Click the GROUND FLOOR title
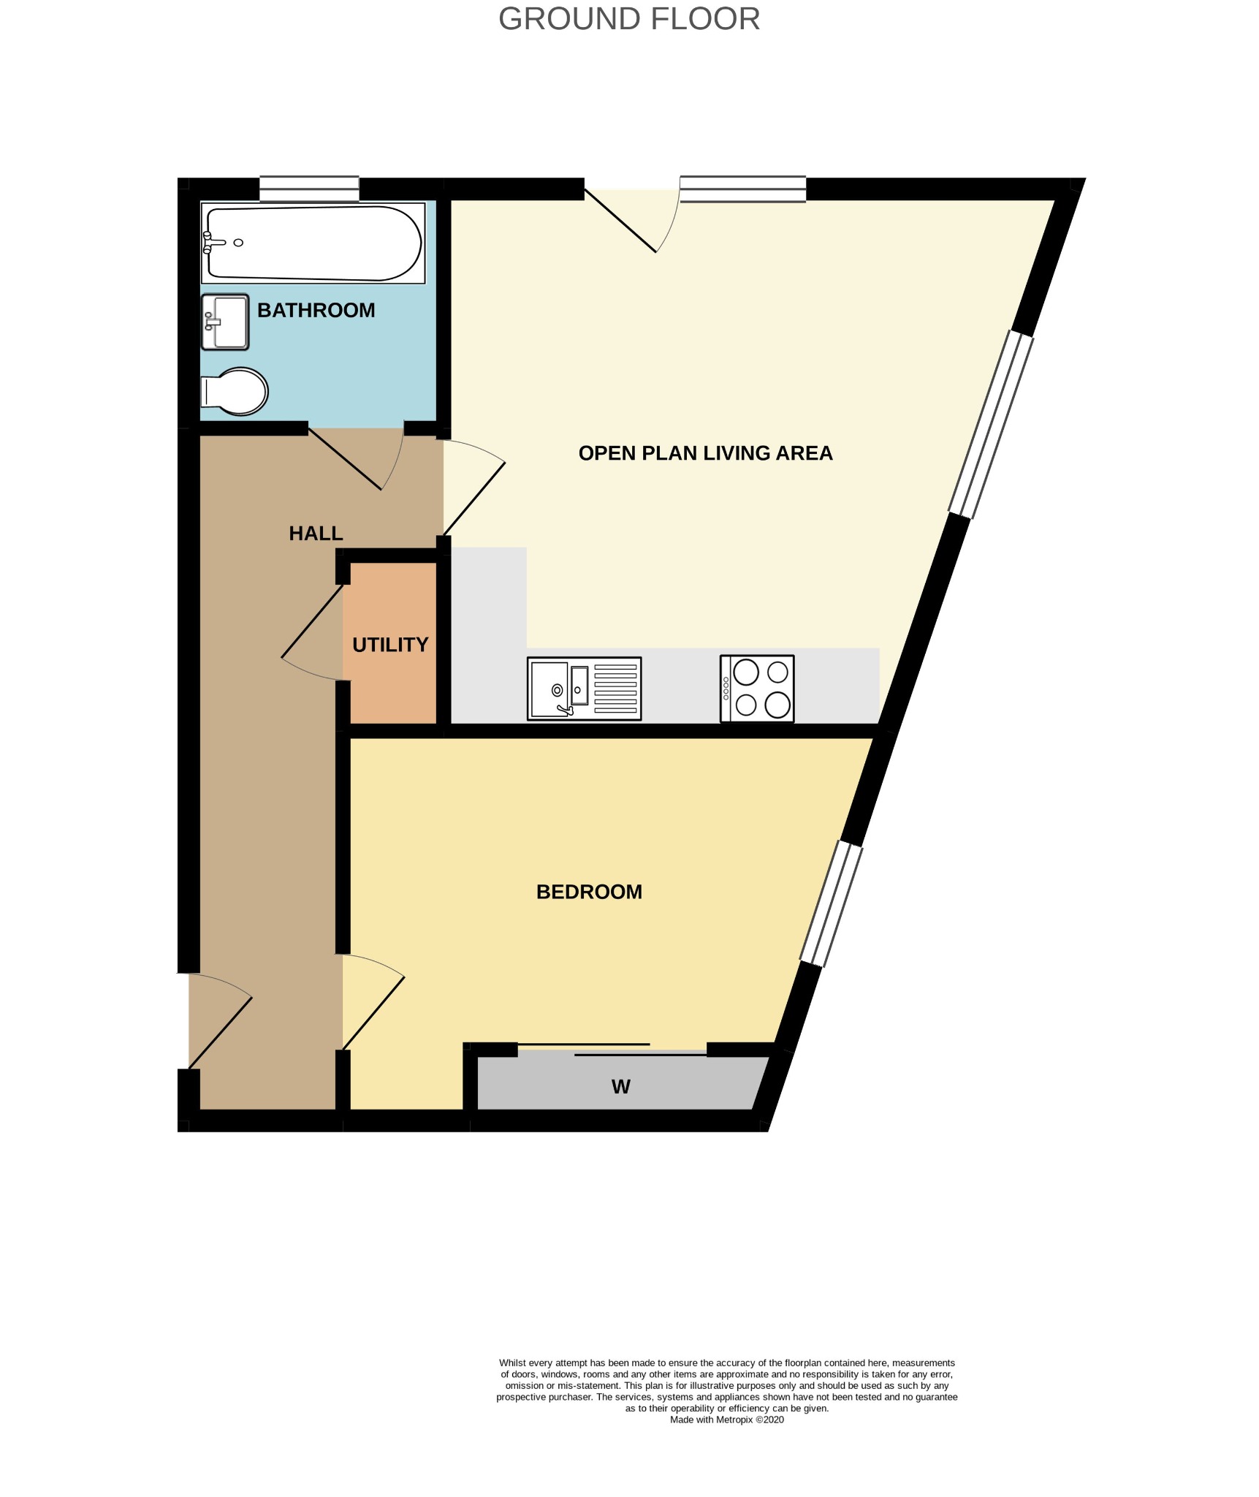[628, 19]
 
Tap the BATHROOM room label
[316, 310]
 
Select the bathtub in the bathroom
[313, 243]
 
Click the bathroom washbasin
[225, 322]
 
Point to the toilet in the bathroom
[235, 391]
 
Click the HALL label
[316, 533]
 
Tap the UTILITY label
[390, 645]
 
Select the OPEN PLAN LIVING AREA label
[705, 453]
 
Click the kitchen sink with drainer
[584, 688]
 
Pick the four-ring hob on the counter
[757, 689]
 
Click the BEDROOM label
[589, 892]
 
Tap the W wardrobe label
[620, 1087]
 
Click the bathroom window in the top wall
[309, 189]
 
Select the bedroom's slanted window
[831, 904]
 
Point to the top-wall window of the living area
[742, 189]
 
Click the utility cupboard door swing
[312, 633]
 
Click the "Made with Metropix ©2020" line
[726, 1420]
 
